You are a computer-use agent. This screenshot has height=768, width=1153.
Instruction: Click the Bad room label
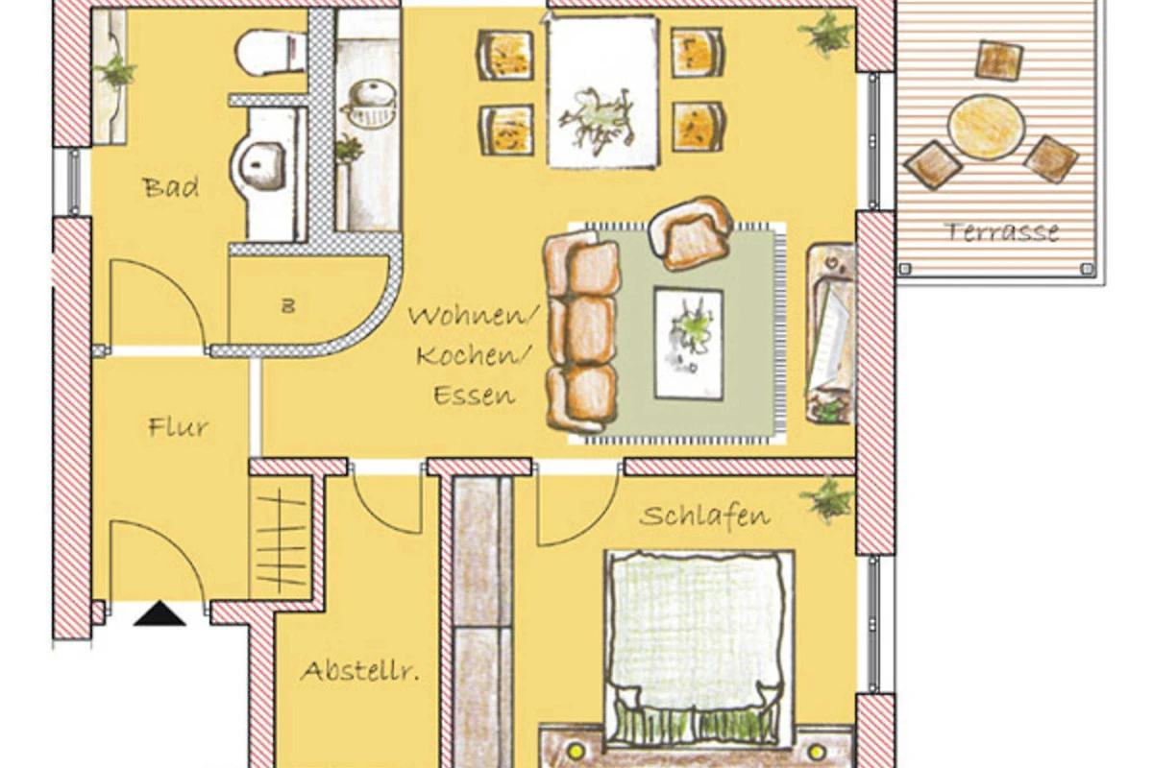click(171, 188)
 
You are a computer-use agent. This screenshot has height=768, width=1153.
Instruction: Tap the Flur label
click(178, 427)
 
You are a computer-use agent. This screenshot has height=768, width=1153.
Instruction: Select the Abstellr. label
click(359, 671)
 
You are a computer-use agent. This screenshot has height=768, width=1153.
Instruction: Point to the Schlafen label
click(704, 516)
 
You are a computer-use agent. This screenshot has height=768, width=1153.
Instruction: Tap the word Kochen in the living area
click(473, 355)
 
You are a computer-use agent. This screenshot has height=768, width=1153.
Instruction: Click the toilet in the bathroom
click(271, 53)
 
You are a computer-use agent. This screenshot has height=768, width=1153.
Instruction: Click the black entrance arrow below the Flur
click(159, 613)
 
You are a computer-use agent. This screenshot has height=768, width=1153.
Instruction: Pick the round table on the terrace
click(986, 127)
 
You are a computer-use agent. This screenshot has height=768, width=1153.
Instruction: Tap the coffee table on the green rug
click(689, 343)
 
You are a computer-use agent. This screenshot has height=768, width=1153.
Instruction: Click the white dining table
click(602, 91)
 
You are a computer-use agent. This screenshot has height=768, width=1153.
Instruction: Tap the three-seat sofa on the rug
click(582, 332)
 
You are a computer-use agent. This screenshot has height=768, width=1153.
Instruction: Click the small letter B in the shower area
click(288, 306)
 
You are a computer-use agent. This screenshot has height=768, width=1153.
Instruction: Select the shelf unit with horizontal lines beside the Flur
click(280, 539)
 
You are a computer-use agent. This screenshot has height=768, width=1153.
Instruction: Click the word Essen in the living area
click(474, 396)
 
